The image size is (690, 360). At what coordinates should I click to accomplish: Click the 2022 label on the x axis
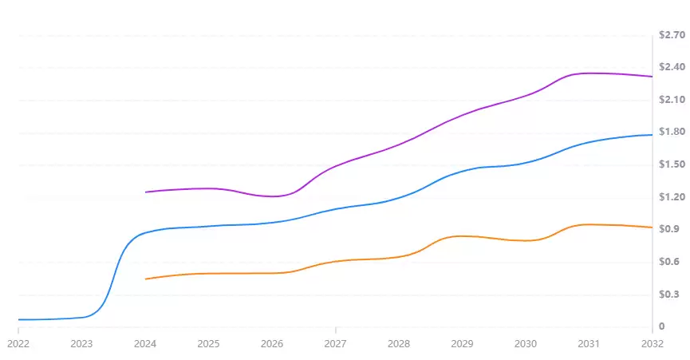pyautogui.click(x=18, y=343)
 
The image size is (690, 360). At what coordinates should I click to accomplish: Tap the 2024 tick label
pyautogui.click(x=145, y=343)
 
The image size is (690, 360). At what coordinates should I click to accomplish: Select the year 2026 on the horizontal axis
pyautogui.click(x=272, y=343)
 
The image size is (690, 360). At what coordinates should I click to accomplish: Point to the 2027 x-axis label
pyautogui.click(x=336, y=343)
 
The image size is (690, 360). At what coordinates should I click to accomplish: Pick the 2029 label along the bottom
pyautogui.click(x=463, y=343)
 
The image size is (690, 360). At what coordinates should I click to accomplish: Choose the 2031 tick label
pyautogui.click(x=589, y=343)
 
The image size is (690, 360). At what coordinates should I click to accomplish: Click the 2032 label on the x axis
pyautogui.click(x=652, y=343)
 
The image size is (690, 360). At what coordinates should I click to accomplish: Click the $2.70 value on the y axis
pyautogui.click(x=672, y=35)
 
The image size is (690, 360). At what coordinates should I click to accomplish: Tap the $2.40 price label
pyautogui.click(x=672, y=67)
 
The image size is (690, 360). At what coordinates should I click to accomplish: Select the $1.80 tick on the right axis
pyautogui.click(x=672, y=132)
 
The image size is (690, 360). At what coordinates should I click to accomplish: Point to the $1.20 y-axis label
pyautogui.click(x=672, y=197)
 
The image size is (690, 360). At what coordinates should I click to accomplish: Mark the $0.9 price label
pyautogui.click(x=668, y=229)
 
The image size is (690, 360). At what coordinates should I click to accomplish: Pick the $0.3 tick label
pyautogui.click(x=668, y=295)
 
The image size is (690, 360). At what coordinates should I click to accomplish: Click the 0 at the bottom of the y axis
pyautogui.click(x=661, y=326)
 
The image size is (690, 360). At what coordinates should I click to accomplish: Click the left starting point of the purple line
pyautogui.click(x=145, y=192)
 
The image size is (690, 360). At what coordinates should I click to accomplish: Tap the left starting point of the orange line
pyautogui.click(x=145, y=279)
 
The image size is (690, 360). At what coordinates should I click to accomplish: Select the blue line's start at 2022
pyautogui.click(x=18, y=319)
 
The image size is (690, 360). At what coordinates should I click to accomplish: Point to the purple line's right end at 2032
pyautogui.click(x=652, y=77)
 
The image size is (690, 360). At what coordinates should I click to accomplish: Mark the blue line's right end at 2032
pyautogui.click(x=652, y=135)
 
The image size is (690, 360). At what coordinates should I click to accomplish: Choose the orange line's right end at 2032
pyautogui.click(x=652, y=227)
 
